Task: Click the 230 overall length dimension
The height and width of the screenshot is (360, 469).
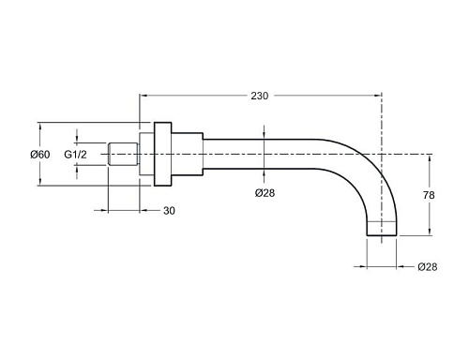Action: pos(260,96)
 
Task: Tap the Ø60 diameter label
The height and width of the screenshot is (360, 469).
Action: pos(40,155)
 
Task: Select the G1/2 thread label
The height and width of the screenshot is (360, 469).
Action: pos(75,155)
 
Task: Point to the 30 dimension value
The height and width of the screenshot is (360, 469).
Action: pos(169,211)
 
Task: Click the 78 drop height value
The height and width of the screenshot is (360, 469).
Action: pos(429,195)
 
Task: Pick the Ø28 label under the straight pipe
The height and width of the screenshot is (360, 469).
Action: pos(265,193)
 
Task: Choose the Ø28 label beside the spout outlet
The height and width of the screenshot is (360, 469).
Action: pos(428,267)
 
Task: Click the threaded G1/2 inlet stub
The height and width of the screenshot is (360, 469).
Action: pos(123,154)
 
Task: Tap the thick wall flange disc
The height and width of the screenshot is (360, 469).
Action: pos(162,154)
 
